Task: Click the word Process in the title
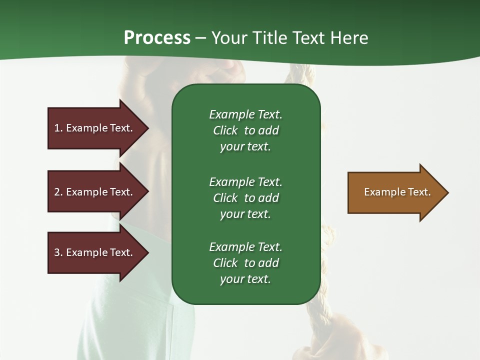point(157,38)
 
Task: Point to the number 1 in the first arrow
point(57,128)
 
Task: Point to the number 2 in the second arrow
point(57,192)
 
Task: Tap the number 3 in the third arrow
point(57,252)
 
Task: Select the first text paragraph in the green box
point(245,130)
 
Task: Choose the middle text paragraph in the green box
point(245,198)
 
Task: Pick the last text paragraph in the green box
point(245,263)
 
